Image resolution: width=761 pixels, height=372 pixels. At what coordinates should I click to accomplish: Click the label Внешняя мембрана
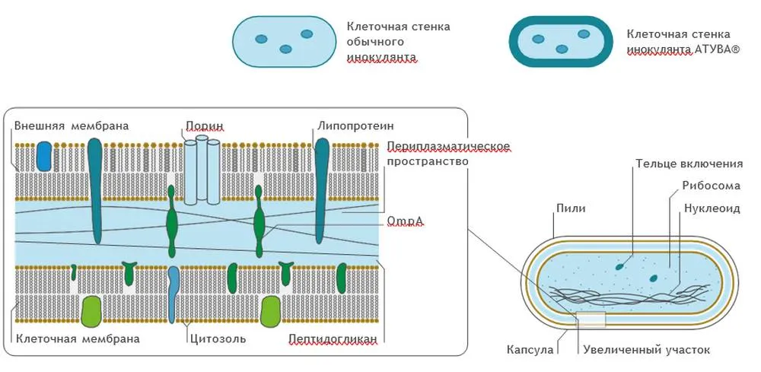[x=72, y=126]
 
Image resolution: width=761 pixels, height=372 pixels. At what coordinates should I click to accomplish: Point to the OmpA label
[x=405, y=221]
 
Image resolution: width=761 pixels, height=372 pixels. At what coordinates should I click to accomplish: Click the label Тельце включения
[x=689, y=164]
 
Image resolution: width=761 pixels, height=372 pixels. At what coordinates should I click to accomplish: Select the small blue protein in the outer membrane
[x=44, y=155]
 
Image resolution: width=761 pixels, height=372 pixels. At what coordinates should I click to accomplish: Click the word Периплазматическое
[x=447, y=146]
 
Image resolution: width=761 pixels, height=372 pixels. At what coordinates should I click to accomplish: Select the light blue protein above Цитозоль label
[x=174, y=293]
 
